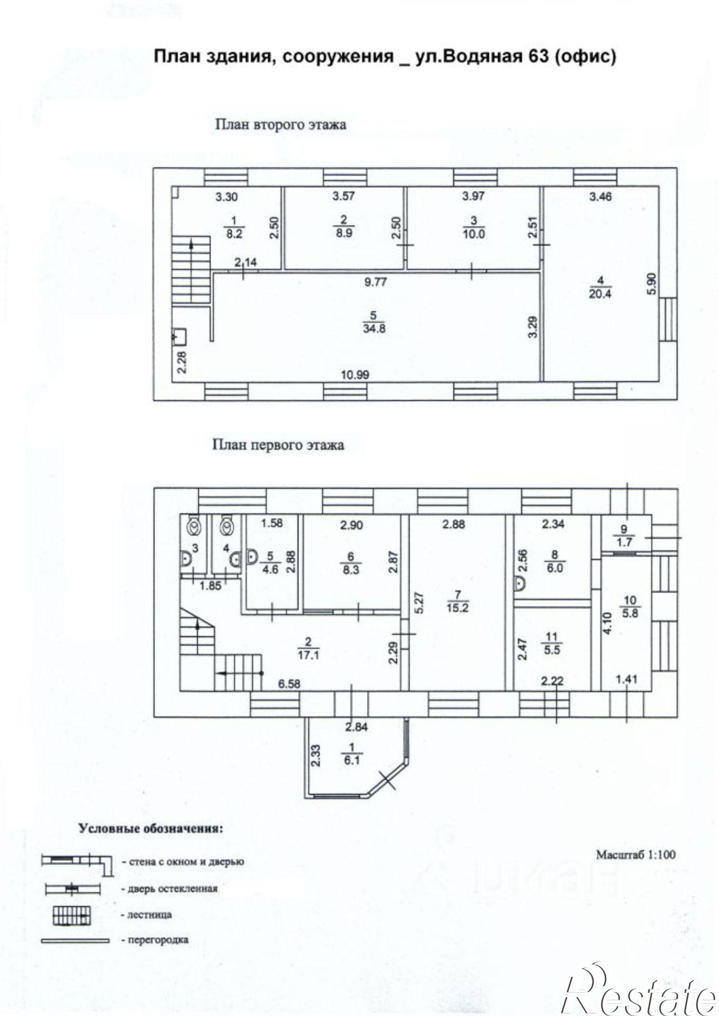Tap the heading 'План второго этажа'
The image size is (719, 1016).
pyautogui.click(x=281, y=124)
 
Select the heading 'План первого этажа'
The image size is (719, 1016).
pyautogui.click(x=278, y=445)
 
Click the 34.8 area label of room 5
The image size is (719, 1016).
pyautogui.click(x=374, y=329)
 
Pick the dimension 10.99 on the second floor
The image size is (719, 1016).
pyautogui.click(x=355, y=375)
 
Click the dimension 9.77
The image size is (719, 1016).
pyautogui.click(x=377, y=282)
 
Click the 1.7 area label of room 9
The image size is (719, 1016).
pyautogui.click(x=624, y=542)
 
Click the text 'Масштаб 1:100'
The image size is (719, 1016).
pyautogui.click(x=636, y=854)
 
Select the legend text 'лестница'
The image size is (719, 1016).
pyautogui.click(x=146, y=915)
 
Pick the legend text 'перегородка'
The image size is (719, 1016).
pyautogui.click(x=155, y=940)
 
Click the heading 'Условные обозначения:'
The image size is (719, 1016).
pyautogui.click(x=150, y=829)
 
